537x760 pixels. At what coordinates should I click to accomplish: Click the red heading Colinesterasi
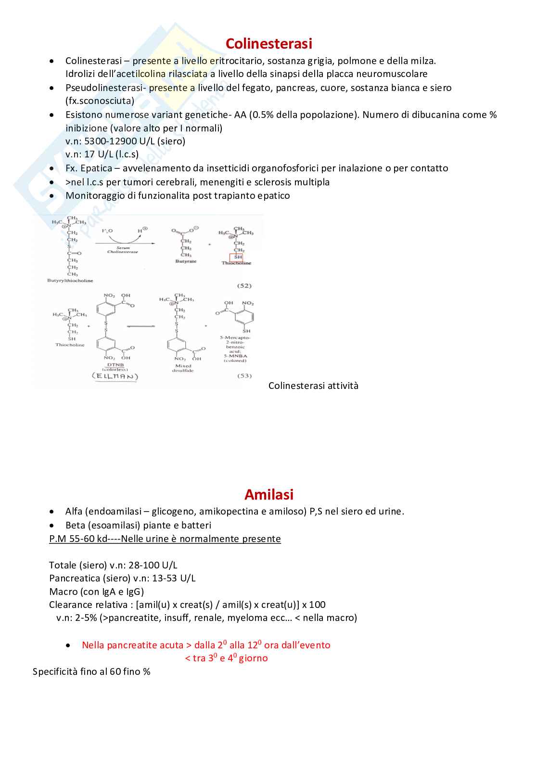tap(268, 44)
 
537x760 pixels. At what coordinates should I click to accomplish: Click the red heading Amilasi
tap(268, 494)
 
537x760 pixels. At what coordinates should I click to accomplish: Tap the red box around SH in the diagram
tap(236, 257)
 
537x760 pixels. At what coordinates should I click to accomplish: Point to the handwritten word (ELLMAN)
tap(115, 376)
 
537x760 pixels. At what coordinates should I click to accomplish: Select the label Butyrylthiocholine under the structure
tap(70, 280)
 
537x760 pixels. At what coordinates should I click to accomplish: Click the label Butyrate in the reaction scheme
tap(186, 261)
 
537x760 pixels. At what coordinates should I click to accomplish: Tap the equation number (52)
tap(244, 285)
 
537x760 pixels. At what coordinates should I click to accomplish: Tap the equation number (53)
tap(244, 375)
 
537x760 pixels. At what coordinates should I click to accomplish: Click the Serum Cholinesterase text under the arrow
tap(123, 250)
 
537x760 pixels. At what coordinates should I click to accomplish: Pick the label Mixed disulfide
tap(183, 368)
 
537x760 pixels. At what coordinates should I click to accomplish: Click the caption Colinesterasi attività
tap(313, 386)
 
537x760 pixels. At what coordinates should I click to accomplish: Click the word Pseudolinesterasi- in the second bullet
tap(106, 88)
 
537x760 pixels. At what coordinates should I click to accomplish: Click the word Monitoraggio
tap(95, 195)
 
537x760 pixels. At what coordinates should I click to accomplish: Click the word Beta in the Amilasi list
tap(74, 525)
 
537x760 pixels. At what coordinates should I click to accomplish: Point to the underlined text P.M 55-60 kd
tap(78, 539)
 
